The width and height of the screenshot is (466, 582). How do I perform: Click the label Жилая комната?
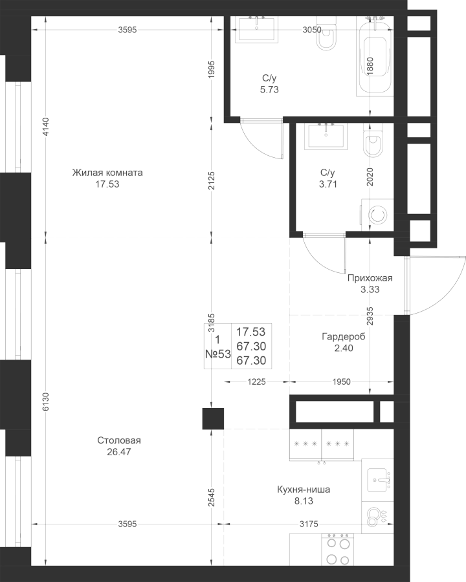[x=107, y=173]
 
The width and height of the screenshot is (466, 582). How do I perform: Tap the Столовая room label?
[x=119, y=440]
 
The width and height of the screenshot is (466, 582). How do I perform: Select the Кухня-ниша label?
[x=304, y=490]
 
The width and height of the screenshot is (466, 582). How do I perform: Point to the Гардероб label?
[x=344, y=337]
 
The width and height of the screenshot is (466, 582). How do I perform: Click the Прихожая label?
[x=370, y=278]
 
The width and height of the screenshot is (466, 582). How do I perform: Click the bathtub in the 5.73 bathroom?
[x=374, y=56]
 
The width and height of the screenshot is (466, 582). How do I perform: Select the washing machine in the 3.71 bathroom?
[x=377, y=215]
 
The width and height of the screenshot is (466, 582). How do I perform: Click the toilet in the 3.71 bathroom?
[x=372, y=140]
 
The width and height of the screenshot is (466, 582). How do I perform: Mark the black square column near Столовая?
[x=213, y=418]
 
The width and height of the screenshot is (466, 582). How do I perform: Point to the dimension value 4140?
[x=45, y=127]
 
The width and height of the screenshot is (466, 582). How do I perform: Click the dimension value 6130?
[x=45, y=402]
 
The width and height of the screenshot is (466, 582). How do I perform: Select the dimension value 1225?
[x=256, y=382]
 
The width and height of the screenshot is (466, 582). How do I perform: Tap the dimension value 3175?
[x=309, y=524]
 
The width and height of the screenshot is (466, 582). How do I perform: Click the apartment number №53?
[x=218, y=354]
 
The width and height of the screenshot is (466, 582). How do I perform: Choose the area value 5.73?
[x=269, y=89]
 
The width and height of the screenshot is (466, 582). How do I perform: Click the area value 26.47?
[x=119, y=452]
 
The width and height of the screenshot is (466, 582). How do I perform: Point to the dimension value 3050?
[x=312, y=30]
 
